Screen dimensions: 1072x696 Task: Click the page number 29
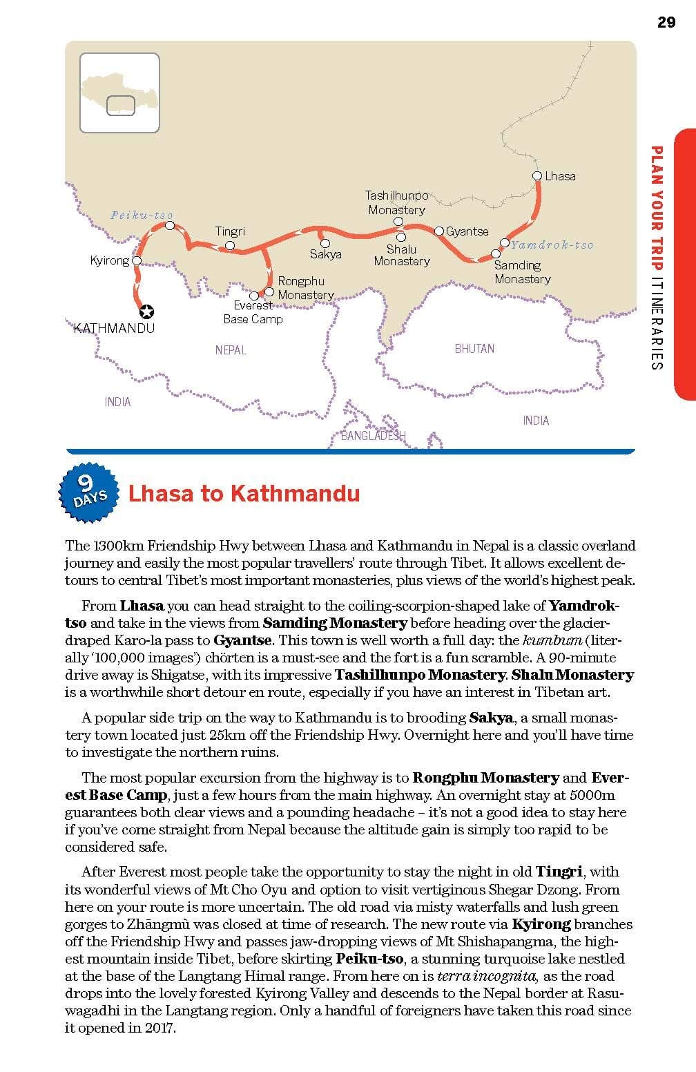666,22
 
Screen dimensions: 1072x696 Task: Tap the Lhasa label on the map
560,176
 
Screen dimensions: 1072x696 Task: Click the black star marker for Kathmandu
146,312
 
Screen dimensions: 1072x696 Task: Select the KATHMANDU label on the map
114,328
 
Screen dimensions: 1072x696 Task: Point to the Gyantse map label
467,231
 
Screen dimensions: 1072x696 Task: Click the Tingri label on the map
230,232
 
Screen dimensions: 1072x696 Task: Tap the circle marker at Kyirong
137,261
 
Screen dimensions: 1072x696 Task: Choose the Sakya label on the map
325,254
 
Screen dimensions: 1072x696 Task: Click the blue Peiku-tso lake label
142,216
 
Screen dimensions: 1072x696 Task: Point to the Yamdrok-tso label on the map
552,245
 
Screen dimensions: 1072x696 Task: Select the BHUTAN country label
474,349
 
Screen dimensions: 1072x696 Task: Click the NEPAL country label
231,350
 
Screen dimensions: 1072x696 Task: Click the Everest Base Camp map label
253,312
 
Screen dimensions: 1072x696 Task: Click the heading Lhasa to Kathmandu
244,494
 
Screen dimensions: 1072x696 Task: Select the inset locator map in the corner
119,93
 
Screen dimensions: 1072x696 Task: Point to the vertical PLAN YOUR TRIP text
657,207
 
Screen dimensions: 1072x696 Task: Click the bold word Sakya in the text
491,718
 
